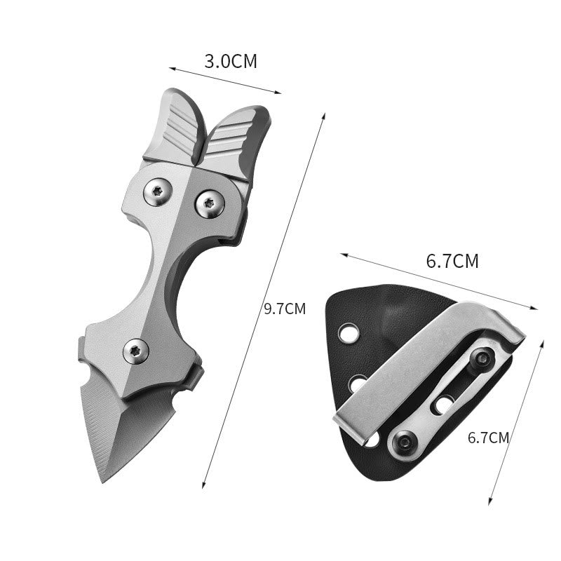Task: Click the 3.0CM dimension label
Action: [x=231, y=61]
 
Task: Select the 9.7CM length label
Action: [x=285, y=309]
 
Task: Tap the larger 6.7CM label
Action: [x=452, y=262]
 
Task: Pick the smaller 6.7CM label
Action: [x=488, y=438]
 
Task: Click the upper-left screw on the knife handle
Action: [x=158, y=191]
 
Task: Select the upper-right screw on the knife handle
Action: [x=210, y=204]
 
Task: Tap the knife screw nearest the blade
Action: [x=135, y=351]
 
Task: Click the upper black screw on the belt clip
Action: [x=481, y=358]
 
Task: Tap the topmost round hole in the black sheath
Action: [x=347, y=333]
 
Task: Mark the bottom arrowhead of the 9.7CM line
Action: [x=203, y=486]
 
